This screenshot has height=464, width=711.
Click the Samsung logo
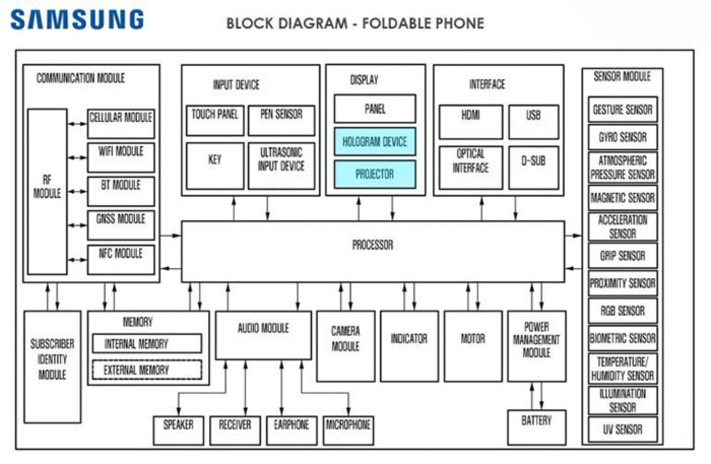(77, 20)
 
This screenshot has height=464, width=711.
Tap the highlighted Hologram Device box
(375, 141)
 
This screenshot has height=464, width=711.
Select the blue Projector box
(375, 174)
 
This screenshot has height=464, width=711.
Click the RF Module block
(47, 191)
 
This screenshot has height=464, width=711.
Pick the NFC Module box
(121, 259)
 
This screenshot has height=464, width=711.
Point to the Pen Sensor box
(281, 120)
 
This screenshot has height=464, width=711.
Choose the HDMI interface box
(471, 122)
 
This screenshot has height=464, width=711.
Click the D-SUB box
(533, 167)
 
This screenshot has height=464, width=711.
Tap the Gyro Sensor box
(622, 137)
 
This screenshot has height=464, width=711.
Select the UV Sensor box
(622, 429)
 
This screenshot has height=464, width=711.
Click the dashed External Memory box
(147, 370)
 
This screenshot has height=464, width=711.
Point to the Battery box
(536, 427)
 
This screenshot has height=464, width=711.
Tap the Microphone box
(348, 430)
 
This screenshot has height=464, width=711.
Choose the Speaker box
(178, 430)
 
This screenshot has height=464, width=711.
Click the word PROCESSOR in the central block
(373, 245)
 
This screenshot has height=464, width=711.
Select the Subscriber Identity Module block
(52, 366)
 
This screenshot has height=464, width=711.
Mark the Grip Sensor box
(622, 256)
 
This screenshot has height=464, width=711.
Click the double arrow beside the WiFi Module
(77, 158)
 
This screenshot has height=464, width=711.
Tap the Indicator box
(409, 346)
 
